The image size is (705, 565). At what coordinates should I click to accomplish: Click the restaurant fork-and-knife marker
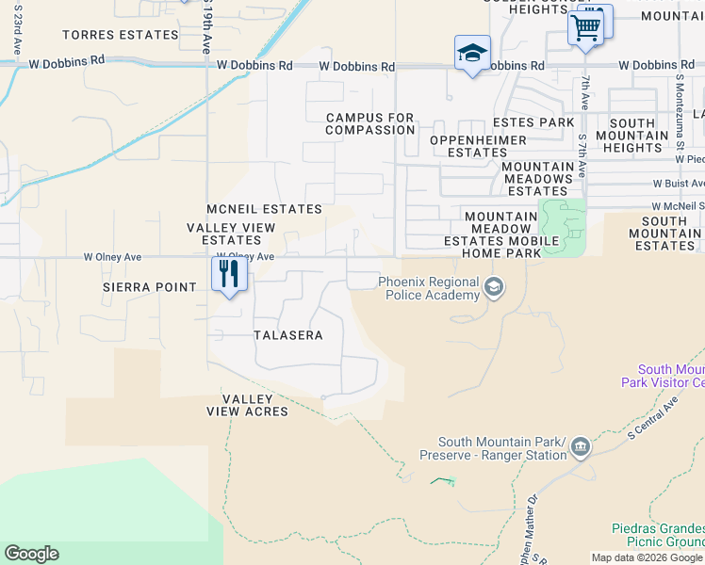point(229,274)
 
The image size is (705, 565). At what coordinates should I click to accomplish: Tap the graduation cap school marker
point(472,53)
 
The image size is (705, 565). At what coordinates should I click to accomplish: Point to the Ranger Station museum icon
point(580,448)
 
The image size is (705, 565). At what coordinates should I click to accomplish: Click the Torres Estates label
point(120,35)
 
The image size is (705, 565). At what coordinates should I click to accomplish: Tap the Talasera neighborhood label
point(288,335)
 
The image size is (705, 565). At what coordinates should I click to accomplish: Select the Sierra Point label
point(150,287)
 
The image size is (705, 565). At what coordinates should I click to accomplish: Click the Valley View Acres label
point(248,406)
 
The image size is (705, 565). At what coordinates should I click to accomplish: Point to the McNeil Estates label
point(264,209)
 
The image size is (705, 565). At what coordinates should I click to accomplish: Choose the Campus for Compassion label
point(369,123)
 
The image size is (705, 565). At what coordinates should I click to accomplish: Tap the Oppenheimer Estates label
point(477,146)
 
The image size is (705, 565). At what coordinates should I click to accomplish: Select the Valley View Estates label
point(231,234)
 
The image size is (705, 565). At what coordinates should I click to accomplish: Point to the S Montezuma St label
point(677,124)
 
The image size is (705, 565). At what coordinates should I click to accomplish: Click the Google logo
point(31,554)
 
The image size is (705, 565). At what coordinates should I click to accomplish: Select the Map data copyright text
point(648,557)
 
